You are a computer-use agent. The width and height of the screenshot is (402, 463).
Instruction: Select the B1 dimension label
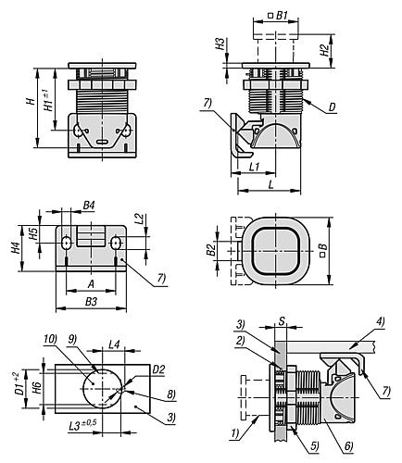tap(283, 15)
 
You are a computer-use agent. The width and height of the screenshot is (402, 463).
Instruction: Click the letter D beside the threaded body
tap(332, 109)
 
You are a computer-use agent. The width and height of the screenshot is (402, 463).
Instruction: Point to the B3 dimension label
tap(91, 303)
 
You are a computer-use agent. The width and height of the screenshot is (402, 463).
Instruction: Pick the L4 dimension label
tap(115, 345)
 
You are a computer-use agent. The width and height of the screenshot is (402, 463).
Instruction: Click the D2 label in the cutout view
tap(158, 369)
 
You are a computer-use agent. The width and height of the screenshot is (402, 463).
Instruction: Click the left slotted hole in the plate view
tap(67, 243)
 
